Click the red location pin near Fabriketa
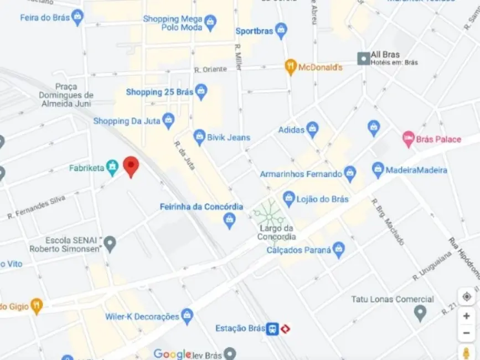click(x=131, y=166)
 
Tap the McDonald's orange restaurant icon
click(x=291, y=68)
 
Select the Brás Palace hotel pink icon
click(x=409, y=139)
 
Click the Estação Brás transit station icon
click(x=272, y=329)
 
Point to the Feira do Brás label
click(x=45, y=17)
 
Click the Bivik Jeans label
click(x=229, y=137)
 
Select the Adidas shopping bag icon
click(x=312, y=130)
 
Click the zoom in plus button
click(x=466, y=316)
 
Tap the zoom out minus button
click(x=466, y=333)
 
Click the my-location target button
click(x=466, y=297)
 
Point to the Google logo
click(x=172, y=354)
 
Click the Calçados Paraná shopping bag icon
click(x=339, y=250)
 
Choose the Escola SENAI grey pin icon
click(x=110, y=243)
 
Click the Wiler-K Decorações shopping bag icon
click(x=187, y=316)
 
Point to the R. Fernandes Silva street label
click(x=37, y=207)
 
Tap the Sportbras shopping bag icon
click(x=281, y=30)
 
